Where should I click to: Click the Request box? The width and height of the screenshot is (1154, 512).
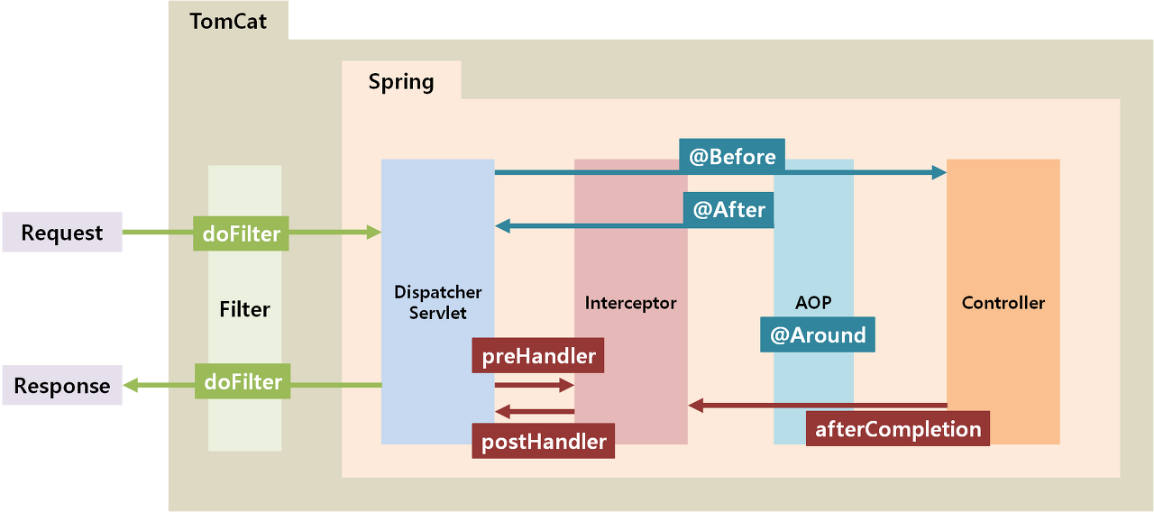pos(61,233)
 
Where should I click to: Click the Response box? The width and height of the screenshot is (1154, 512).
pos(61,386)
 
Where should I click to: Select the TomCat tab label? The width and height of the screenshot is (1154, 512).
pos(228,21)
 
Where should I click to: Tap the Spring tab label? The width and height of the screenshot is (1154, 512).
pos(401,81)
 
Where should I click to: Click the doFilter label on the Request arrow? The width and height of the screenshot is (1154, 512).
pos(241,234)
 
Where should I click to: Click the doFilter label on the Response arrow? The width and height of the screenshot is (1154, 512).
pos(243,381)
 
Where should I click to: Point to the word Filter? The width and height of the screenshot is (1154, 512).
pos(244,309)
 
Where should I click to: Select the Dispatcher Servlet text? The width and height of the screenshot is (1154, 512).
pos(437,302)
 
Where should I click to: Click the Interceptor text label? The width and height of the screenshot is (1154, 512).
pos(630,303)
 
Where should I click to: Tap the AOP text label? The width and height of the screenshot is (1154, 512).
pos(812,303)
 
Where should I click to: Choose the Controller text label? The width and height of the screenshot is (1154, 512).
pos(1003,303)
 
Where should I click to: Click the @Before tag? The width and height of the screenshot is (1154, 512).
pos(732,156)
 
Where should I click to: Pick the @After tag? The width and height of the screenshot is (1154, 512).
pos(728,210)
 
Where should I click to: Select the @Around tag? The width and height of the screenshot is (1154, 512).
pos(818,334)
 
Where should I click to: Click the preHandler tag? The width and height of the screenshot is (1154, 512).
pos(538,355)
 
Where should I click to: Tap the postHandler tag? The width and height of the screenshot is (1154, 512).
pos(543,442)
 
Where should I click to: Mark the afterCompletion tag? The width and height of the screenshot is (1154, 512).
pos(897,428)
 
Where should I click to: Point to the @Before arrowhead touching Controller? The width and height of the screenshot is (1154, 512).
pos(939,172)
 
